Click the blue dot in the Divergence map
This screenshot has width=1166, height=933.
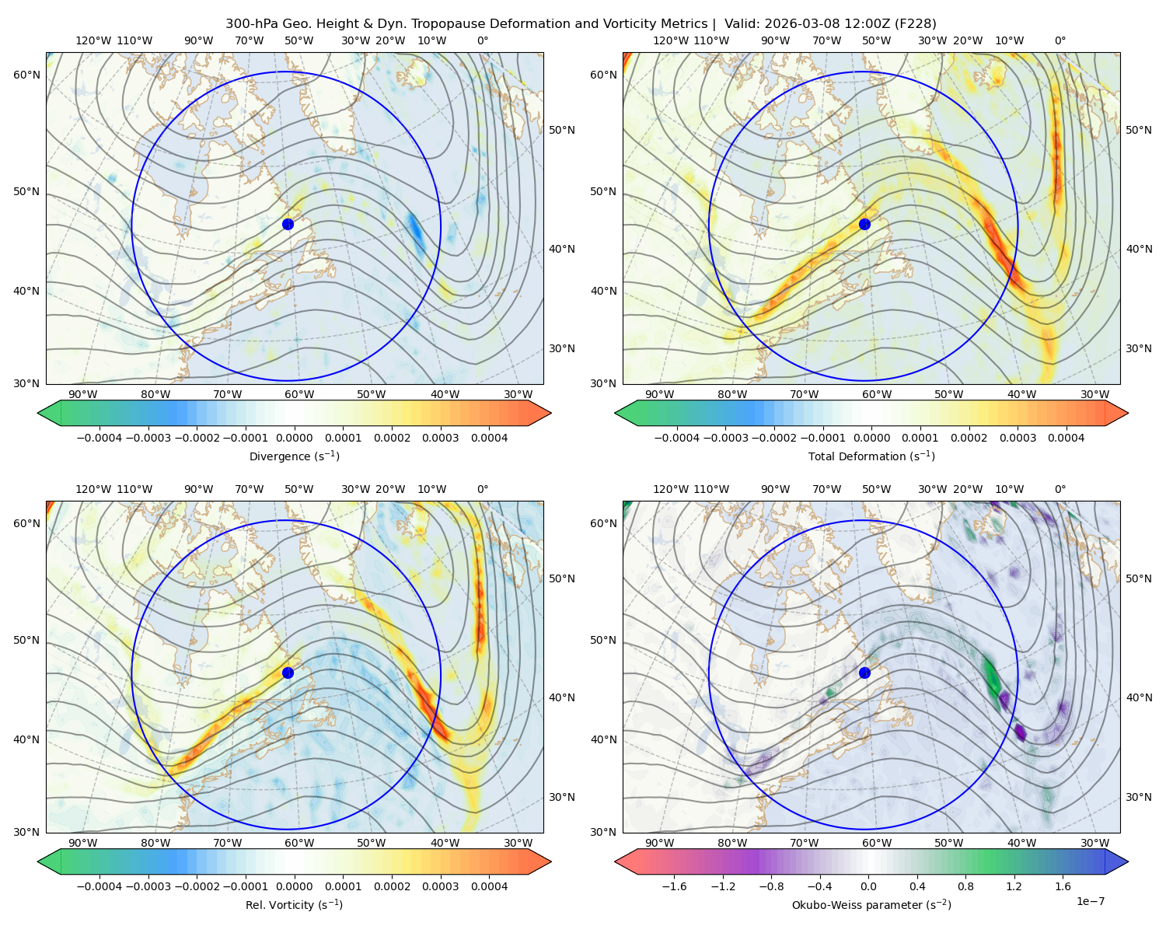pyautogui.click(x=288, y=224)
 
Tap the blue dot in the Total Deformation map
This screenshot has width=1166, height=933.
pyautogui.click(x=864, y=224)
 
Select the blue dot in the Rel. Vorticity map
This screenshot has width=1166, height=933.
pyautogui.click(x=288, y=673)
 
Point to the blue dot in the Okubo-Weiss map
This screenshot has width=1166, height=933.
pyautogui.click(x=864, y=673)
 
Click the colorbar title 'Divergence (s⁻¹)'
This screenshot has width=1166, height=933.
pyautogui.click(x=294, y=456)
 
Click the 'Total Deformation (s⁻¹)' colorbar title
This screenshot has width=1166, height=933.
pyautogui.click(x=871, y=456)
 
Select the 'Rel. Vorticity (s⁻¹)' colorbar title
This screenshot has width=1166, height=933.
pyautogui.click(x=294, y=905)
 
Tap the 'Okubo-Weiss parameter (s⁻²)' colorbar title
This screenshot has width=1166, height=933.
pyautogui.click(x=871, y=905)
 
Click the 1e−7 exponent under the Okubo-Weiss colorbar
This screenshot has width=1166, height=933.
pyautogui.click(x=1090, y=902)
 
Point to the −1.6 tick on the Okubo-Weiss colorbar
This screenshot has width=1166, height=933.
pyautogui.click(x=674, y=886)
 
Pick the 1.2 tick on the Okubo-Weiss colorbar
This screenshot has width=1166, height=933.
pyautogui.click(x=1014, y=886)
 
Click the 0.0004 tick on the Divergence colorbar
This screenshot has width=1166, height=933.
pyautogui.click(x=489, y=438)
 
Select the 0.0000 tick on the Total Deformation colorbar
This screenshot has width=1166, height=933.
pyautogui.click(x=871, y=438)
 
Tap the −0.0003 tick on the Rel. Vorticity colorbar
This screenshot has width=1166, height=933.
pyautogui.click(x=148, y=886)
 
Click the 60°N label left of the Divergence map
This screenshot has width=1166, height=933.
pyautogui.click(x=26, y=75)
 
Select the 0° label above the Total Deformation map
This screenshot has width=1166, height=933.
pyautogui.click(x=1060, y=40)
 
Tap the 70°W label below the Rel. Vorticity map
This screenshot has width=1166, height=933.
pyautogui.click(x=227, y=843)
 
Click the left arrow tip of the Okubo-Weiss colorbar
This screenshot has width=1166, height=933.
pyautogui.click(x=616, y=862)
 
